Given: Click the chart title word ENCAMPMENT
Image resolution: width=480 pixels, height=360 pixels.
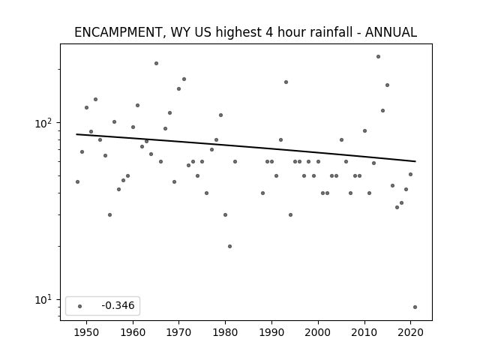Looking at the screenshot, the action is (118, 32).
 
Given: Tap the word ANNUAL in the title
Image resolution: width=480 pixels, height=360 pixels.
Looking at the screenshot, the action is (391, 32).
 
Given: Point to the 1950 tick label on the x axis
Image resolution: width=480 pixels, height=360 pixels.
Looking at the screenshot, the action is (87, 332).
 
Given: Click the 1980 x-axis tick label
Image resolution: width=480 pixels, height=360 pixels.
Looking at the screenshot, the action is (225, 332).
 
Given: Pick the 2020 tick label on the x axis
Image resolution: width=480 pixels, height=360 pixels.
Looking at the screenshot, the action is (410, 332).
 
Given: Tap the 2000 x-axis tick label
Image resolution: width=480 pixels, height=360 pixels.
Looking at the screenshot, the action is (318, 332).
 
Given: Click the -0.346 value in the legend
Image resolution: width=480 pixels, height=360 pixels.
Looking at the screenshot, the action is (118, 305).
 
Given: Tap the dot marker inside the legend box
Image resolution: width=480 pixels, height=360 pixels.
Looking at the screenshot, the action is (80, 306).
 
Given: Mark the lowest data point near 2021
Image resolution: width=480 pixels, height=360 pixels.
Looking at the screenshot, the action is (415, 307).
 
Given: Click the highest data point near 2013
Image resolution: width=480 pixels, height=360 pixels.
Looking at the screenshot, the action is (378, 57).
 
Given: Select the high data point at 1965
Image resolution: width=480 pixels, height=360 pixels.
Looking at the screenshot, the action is (157, 63).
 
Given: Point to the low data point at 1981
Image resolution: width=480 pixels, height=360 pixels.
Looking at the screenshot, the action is (230, 247).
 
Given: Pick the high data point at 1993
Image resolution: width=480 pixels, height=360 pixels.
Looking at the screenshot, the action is (286, 82).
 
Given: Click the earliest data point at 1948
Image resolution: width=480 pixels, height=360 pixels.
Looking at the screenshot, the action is (77, 181).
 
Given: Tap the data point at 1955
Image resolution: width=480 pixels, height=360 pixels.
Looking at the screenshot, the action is (110, 215).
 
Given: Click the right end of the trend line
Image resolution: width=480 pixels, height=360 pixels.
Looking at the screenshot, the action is (415, 161).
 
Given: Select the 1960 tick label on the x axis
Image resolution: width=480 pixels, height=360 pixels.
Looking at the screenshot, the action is (133, 332).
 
